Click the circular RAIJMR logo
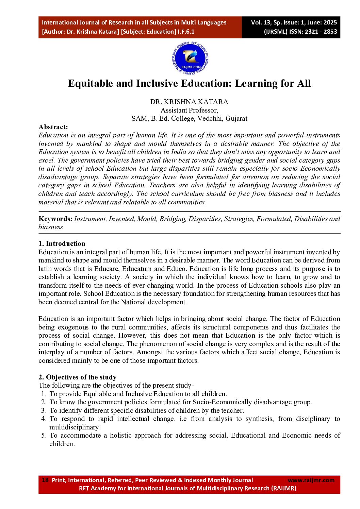(190, 58)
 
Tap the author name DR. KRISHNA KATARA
(189, 102)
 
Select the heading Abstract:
(53, 127)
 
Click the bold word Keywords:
(55, 219)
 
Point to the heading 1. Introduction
(62, 243)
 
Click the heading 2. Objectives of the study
(77, 377)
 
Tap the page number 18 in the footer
(45, 480)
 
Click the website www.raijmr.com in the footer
(311, 480)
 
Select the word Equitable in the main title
(91, 83)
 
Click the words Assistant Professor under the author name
(189, 110)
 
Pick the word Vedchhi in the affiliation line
(209, 118)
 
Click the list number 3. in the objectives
(44, 410)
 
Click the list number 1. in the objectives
(44, 394)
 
